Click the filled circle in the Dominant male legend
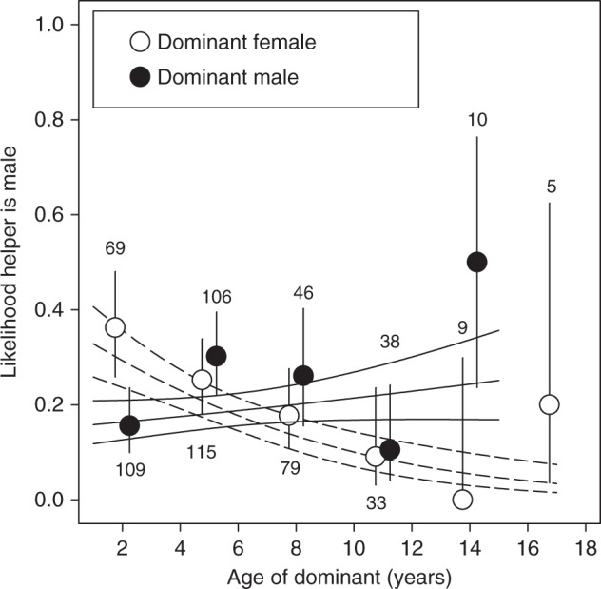140,78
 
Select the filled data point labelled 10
476,262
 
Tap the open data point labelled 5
549,404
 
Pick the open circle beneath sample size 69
115,327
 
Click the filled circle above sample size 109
129,424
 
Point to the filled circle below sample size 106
216,356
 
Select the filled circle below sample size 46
303,376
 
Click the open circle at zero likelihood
462,500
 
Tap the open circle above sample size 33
376,456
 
